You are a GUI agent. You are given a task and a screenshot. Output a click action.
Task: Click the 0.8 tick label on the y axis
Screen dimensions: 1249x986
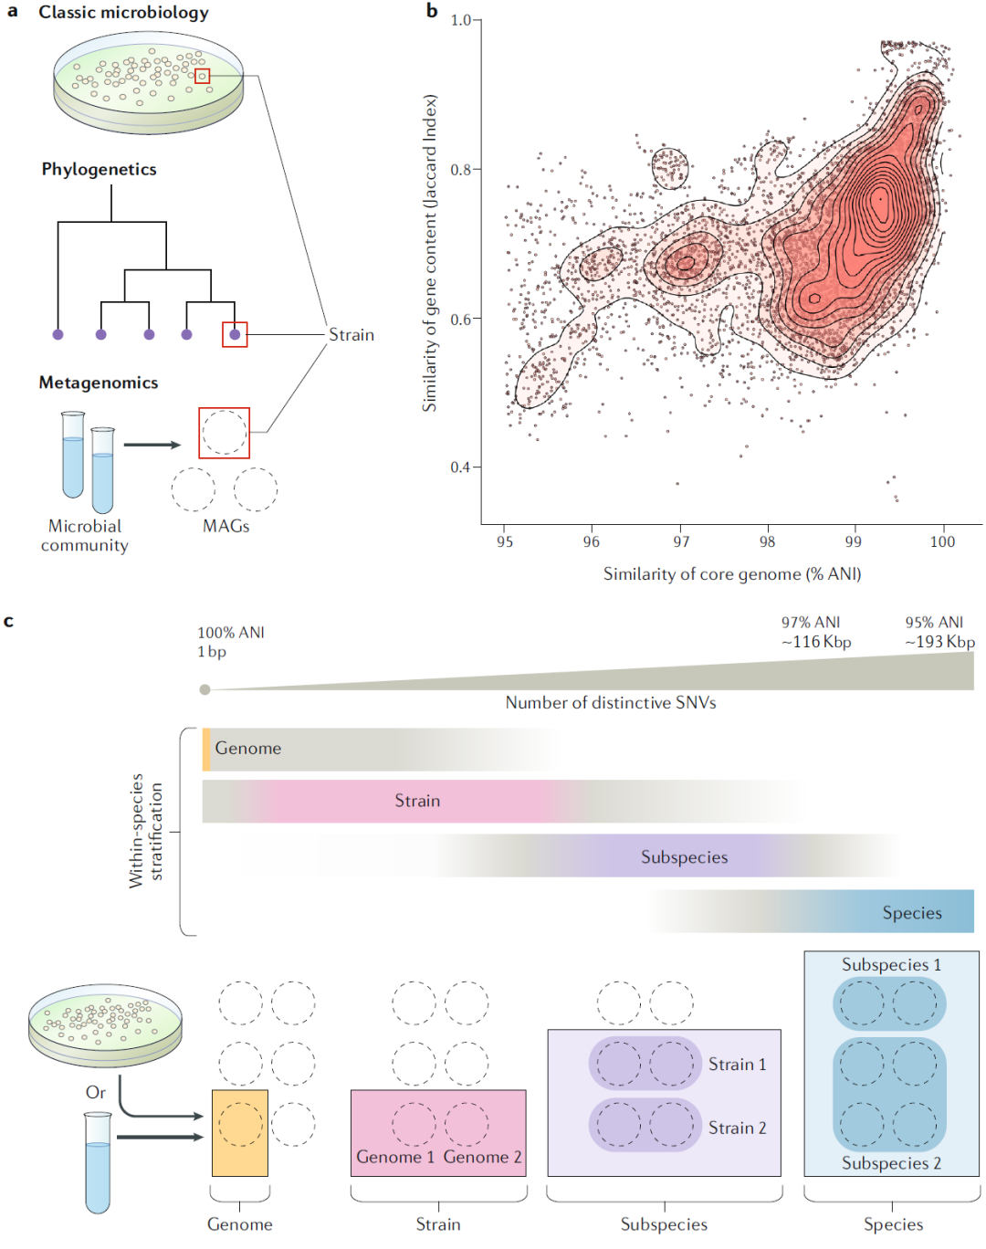point(460,170)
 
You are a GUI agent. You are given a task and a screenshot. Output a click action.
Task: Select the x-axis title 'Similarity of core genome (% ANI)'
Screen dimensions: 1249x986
point(731,574)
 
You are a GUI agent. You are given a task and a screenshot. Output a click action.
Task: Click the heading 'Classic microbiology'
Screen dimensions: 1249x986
point(123,13)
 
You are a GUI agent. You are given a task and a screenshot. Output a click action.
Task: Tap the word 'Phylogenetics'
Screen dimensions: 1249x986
point(99,170)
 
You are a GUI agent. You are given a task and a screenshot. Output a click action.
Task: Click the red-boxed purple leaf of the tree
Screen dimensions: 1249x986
point(235,335)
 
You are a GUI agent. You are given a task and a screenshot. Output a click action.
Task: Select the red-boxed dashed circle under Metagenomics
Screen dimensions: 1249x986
point(224,433)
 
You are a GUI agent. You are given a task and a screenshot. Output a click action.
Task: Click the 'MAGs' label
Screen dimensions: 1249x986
point(226,526)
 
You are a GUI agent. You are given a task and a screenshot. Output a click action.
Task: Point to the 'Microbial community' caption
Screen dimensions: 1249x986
point(85,536)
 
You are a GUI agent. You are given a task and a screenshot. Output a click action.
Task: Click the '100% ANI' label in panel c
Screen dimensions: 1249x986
point(231,633)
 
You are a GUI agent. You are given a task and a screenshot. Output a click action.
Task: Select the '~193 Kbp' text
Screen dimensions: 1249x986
point(939,642)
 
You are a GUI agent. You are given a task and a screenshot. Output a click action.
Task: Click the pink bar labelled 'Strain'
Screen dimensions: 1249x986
point(417,801)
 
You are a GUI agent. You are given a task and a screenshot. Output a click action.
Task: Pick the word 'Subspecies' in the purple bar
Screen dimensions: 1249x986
point(684,857)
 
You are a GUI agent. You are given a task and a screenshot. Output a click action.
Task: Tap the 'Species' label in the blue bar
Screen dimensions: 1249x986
point(911,913)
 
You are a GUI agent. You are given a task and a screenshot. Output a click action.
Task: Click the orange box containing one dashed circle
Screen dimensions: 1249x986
point(240,1132)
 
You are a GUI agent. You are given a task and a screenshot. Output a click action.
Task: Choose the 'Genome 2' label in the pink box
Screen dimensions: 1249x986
point(482,1158)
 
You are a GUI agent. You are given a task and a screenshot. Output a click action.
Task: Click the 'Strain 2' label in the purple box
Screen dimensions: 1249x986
point(737,1128)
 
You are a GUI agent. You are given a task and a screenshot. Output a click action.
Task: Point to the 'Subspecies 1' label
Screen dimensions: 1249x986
point(891,965)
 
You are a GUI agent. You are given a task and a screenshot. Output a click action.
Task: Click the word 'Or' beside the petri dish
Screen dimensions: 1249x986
point(96,1093)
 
